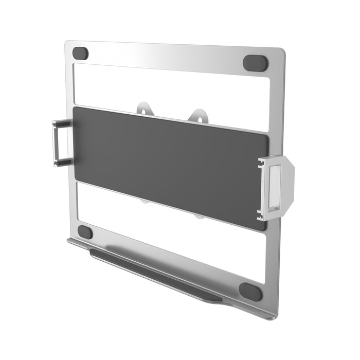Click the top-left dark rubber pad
click(80, 53)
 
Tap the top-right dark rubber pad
click(255, 63)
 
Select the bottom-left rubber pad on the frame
click(85, 232)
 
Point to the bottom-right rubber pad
click(250, 292)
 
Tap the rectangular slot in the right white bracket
click(276, 186)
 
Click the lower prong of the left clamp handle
click(64, 163)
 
